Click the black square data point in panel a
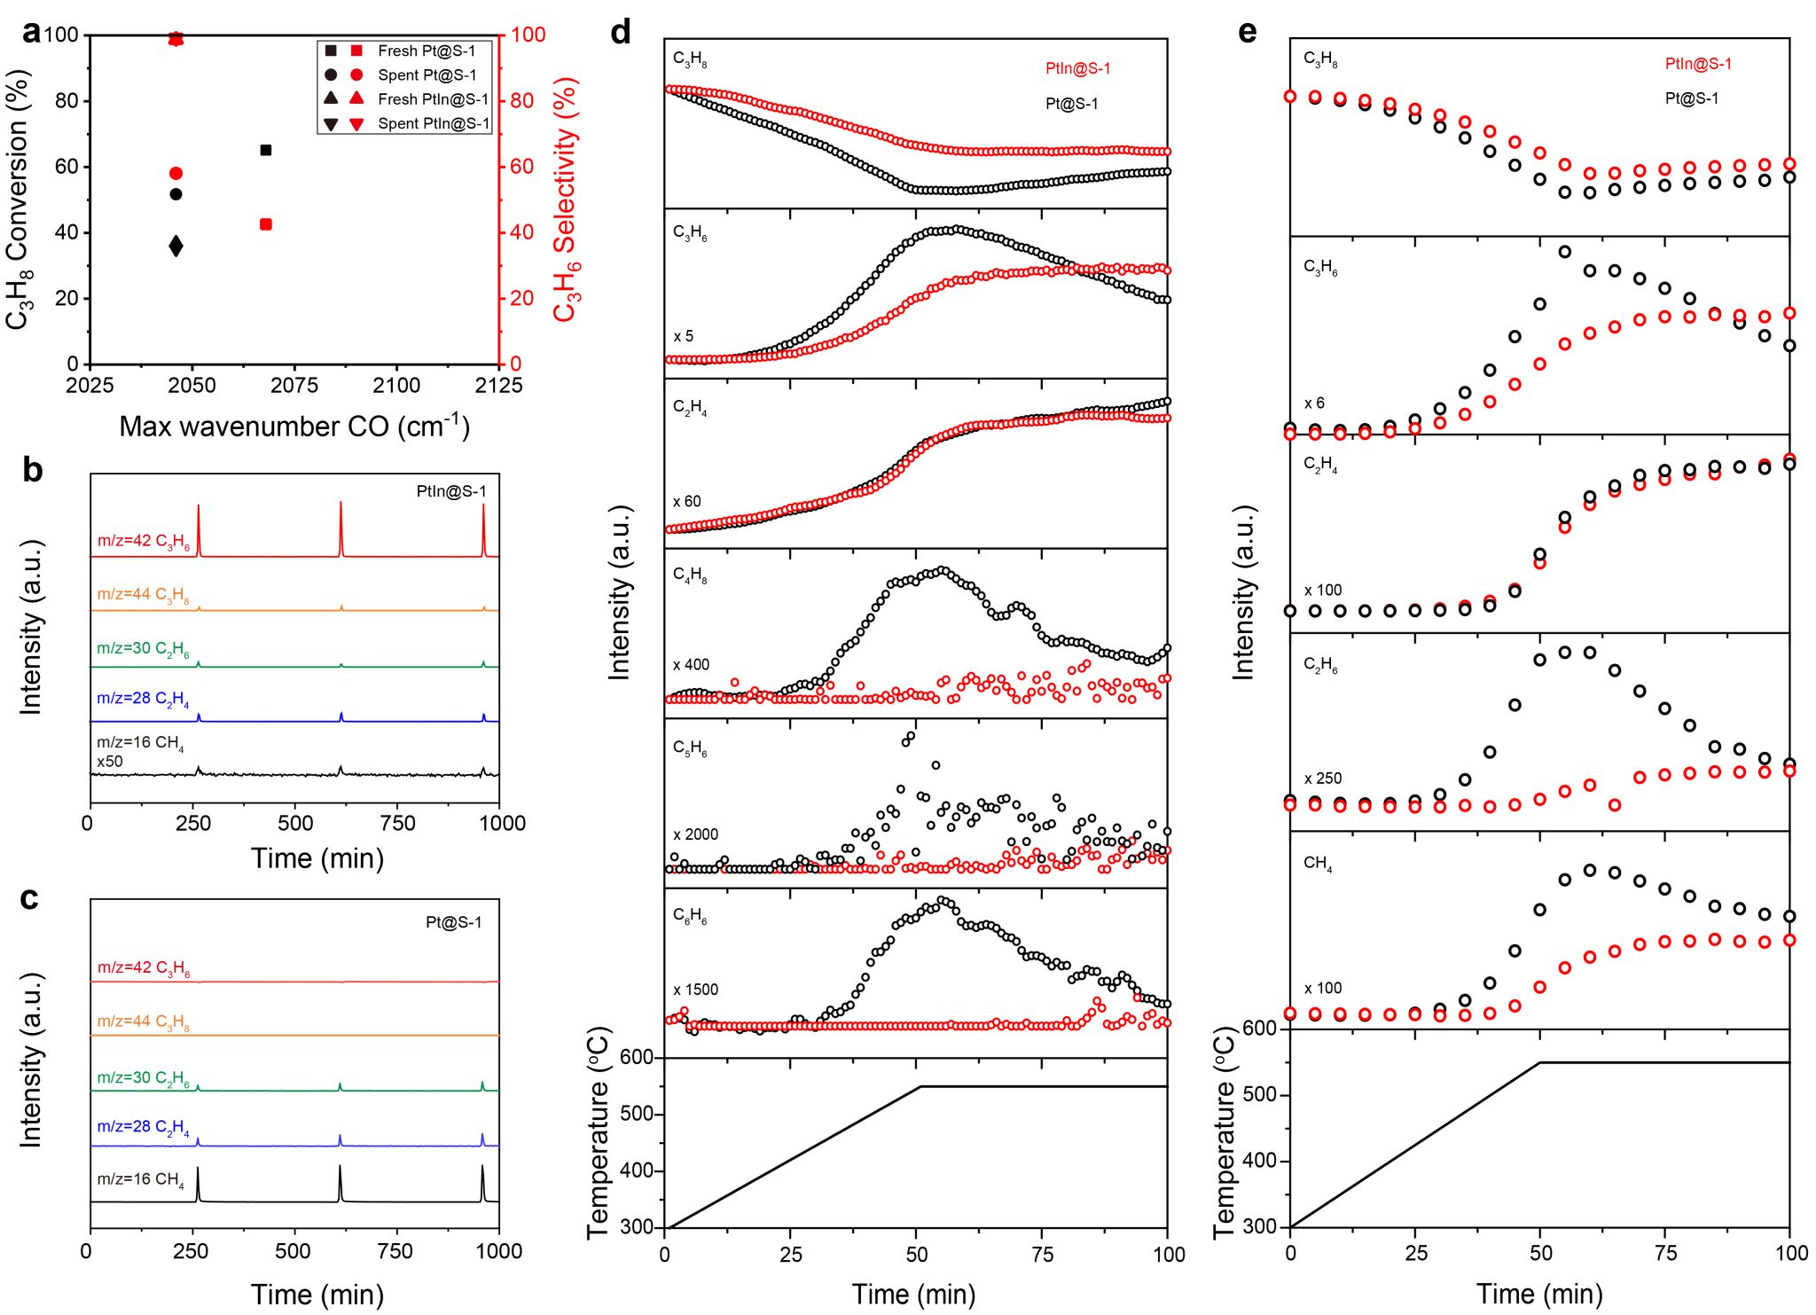click(265, 150)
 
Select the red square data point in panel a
click(265, 224)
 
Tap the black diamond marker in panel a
click(176, 246)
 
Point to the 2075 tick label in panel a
click(294, 385)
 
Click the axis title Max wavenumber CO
click(294, 427)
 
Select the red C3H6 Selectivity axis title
click(566, 200)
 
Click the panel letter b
click(32, 470)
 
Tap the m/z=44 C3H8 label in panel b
click(143, 595)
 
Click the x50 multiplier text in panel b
click(110, 762)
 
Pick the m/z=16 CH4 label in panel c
click(140, 1179)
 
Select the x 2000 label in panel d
click(695, 834)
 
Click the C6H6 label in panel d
click(690, 915)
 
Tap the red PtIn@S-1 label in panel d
click(1077, 68)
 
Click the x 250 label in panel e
click(1322, 779)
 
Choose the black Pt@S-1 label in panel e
click(1691, 98)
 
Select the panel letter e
click(1247, 32)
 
